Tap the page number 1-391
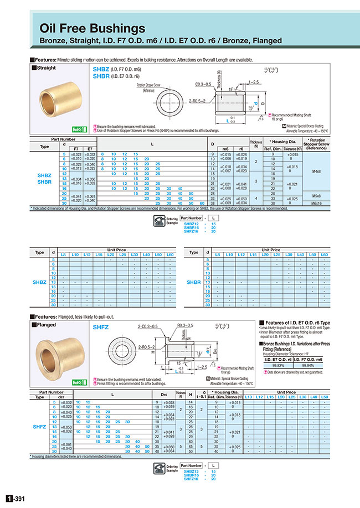click(x=15, y=499)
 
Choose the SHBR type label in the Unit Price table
click(x=194, y=282)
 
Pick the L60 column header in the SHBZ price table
click(x=170, y=255)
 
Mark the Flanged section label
click(x=45, y=325)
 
